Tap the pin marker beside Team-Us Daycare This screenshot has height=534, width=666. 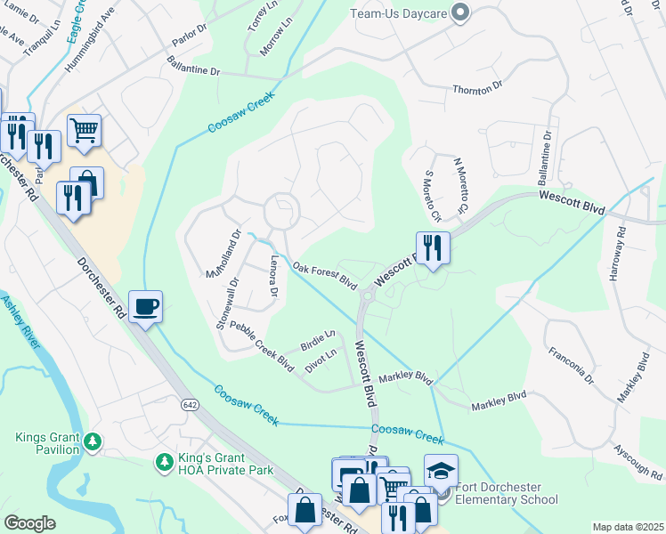[460, 12]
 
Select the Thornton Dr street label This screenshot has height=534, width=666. [477, 86]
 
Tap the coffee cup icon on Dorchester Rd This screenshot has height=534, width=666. [146, 307]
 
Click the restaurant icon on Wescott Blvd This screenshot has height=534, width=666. [433, 247]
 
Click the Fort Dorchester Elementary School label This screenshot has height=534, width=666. [505, 493]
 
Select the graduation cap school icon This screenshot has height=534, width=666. [441, 470]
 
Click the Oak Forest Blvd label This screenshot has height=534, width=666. [325, 277]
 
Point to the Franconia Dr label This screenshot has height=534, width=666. [571, 365]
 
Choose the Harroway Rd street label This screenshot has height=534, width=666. [616, 253]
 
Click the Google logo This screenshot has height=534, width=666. [29, 523]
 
